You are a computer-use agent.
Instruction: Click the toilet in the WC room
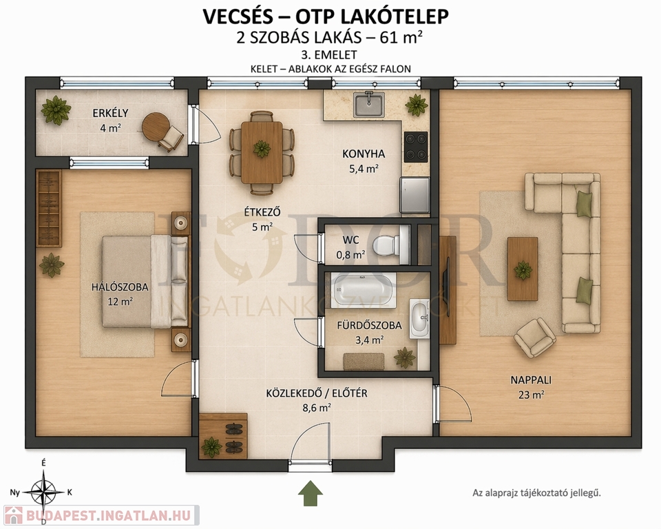click(389, 245)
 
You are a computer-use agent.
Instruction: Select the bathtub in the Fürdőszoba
click(364, 290)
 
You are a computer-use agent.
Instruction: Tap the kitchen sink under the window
click(369, 105)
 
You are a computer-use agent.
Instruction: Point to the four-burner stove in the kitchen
click(416, 147)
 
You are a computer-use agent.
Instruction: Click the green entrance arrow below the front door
click(311, 493)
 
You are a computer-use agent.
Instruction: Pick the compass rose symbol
click(44, 492)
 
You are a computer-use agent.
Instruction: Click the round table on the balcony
click(155, 126)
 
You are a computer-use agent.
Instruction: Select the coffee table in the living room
click(523, 269)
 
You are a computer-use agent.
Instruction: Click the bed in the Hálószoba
click(145, 281)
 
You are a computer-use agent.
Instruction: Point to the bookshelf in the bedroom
click(50, 209)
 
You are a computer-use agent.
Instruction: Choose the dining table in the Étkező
click(262, 152)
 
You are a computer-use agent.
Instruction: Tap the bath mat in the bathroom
click(364, 362)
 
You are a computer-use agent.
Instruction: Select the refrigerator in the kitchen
click(415, 195)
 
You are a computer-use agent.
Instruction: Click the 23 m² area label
click(531, 395)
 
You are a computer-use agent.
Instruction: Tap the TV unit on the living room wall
click(448, 290)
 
